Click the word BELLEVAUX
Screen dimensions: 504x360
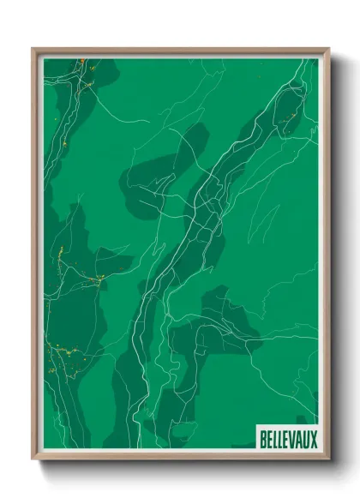point(287,440)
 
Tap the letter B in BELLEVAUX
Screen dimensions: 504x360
point(261,440)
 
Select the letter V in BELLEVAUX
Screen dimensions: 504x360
point(291,440)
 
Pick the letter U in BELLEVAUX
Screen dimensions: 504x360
point(305,440)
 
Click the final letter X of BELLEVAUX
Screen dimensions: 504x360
point(313,440)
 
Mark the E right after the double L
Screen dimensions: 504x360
point(285,440)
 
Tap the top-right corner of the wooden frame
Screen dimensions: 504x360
point(328,49)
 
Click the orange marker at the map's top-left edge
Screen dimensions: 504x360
point(78,62)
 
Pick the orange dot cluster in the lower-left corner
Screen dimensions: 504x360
point(58,351)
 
